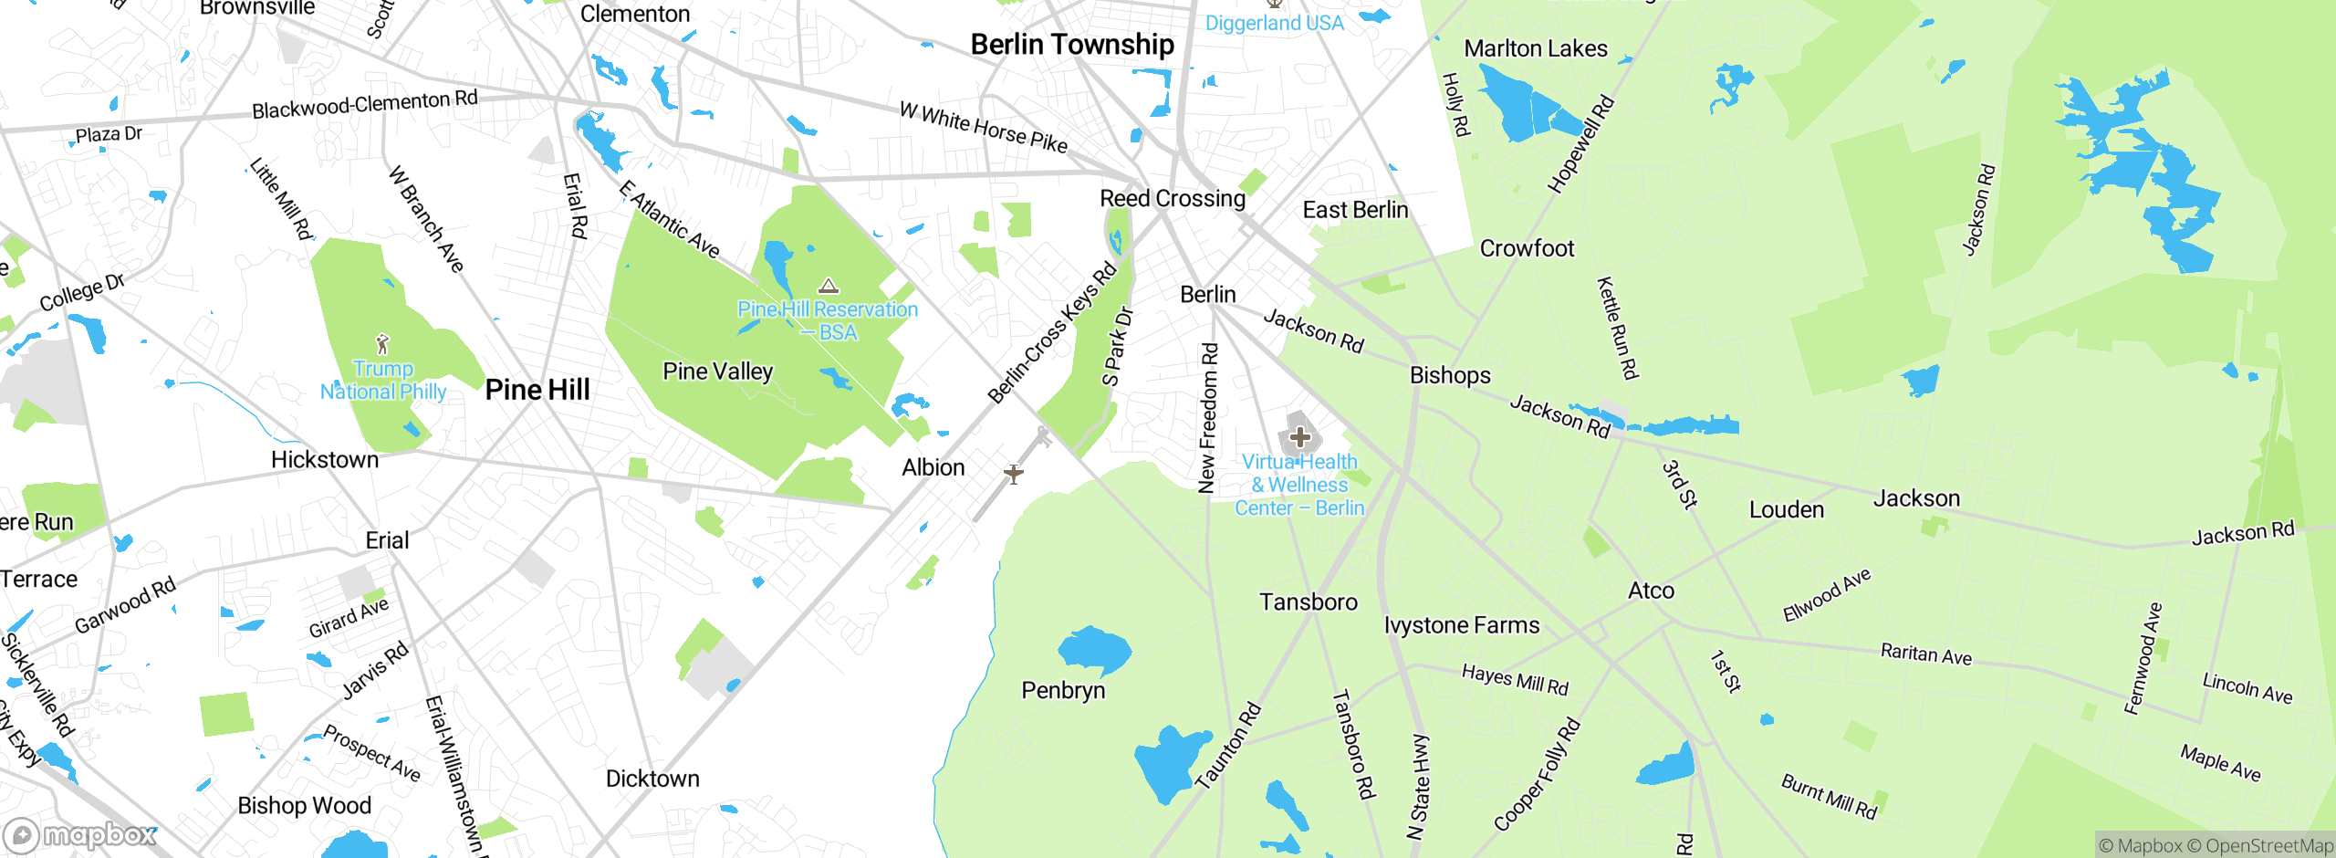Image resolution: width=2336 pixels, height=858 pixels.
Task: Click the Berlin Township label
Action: tap(1072, 44)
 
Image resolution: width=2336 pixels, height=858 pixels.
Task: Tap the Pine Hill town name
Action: tap(537, 390)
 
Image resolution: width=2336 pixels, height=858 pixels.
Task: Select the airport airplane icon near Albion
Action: tap(1013, 474)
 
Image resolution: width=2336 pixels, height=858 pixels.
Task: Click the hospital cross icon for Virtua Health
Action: tap(1300, 437)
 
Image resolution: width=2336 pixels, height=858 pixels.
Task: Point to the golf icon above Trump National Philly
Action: tap(382, 344)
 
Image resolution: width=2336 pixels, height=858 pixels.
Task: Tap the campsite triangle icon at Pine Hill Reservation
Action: tap(828, 287)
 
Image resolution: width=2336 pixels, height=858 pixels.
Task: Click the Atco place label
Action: tap(1651, 591)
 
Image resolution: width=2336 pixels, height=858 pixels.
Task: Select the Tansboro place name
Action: tap(1309, 602)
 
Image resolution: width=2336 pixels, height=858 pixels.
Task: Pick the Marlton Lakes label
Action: tap(1536, 48)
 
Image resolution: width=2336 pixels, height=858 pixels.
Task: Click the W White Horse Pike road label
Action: tap(983, 127)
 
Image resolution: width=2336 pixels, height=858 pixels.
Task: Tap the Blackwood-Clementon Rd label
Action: tap(364, 104)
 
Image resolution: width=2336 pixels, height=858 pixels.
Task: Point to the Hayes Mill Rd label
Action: tap(1515, 680)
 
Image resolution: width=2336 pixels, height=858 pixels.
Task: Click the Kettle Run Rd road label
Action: tap(1617, 328)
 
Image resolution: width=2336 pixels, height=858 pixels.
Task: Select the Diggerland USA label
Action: tap(1274, 23)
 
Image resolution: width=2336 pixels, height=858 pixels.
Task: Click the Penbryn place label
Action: tap(1063, 690)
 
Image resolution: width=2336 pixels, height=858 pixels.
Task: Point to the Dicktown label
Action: tap(652, 779)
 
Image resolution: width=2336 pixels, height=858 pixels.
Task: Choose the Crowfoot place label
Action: tap(1527, 248)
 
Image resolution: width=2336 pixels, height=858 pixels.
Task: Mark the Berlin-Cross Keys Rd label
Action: tap(1052, 332)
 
